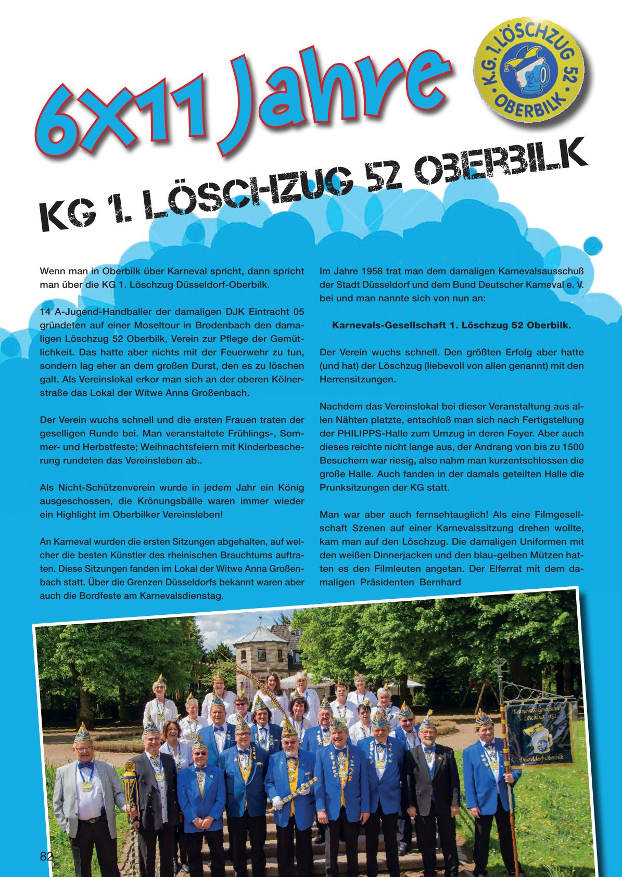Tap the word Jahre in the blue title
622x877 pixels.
coord(333,99)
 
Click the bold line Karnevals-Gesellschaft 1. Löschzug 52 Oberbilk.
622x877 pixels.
coord(451,326)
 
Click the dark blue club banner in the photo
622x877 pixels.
coord(541,733)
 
